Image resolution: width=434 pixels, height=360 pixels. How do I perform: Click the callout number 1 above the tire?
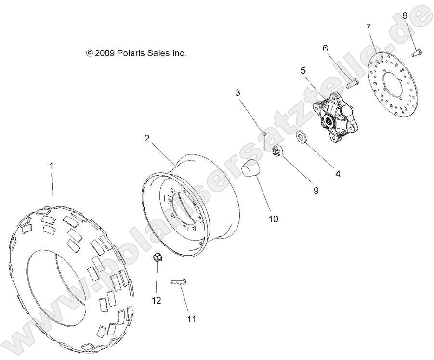click(x=51, y=166)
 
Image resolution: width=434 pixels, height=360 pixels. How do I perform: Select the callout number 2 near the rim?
click(x=147, y=138)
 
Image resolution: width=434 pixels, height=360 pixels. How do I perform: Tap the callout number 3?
click(x=237, y=92)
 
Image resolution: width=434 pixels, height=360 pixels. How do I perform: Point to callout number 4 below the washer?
click(x=338, y=174)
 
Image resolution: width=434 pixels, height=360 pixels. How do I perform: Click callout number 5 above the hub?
click(x=303, y=70)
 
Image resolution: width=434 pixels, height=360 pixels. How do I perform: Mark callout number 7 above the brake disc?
click(x=368, y=26)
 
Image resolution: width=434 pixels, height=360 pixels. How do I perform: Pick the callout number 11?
click(x=192, y=318)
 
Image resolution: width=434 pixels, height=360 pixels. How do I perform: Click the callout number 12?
click(x=157, y=301)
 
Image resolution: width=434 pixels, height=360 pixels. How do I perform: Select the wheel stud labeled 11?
click(x=179, y=282)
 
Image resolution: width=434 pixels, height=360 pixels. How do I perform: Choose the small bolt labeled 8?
click(x=417, y=52)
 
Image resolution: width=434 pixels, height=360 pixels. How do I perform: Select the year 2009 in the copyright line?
click(x=104, y=53)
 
